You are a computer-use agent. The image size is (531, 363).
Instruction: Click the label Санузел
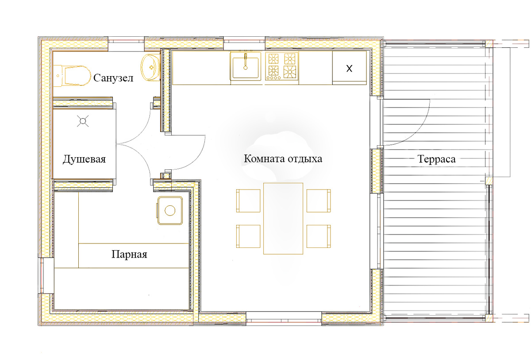[113, 78]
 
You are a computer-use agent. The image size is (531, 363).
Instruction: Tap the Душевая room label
[84, 159]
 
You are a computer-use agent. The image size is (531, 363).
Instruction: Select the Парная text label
[129, 255]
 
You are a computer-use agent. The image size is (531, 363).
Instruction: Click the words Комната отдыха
[283, 158]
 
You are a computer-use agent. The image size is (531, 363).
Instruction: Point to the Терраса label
[436, 159]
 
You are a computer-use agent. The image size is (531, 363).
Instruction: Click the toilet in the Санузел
[72, 76]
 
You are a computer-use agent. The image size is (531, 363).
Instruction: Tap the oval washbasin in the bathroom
[151, 68]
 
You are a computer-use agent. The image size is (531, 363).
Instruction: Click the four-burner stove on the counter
[281, 66]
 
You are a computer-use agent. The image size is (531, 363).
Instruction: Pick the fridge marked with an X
[350, 68]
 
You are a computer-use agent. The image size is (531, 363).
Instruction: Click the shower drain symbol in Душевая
[83, 121]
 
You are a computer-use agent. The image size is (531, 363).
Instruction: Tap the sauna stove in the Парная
[170, 210]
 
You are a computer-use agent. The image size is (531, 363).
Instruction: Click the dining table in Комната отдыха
[283, 218]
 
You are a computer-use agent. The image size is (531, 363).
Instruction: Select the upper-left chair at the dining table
[248, 201]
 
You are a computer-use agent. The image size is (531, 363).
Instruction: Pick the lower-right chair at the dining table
[319, 236]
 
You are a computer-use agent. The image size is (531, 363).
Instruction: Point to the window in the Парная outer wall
[45, 275]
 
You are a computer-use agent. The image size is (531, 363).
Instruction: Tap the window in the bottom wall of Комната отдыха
[284, 318]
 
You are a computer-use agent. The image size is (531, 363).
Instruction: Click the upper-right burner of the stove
[290, 59]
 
